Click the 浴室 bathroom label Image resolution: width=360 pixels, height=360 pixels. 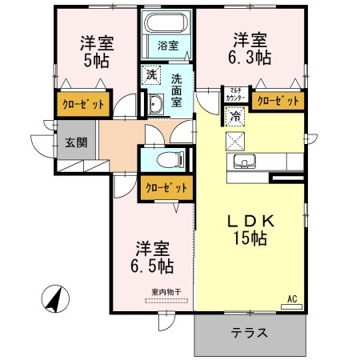tap(166, 45)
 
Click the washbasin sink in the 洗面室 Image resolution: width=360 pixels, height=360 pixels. tap(154, 104)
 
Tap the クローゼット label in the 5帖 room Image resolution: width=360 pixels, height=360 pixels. tap(81, 104)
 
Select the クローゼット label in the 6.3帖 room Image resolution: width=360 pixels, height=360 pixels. tap(278, 101)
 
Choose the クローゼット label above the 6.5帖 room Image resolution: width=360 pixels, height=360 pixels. tap(166, 188)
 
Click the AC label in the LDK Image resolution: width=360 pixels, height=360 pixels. tap(292, 299)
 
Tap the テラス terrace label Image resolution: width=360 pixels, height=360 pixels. tap(249, 333)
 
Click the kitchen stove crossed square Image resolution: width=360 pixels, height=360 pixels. tap(235, 142)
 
